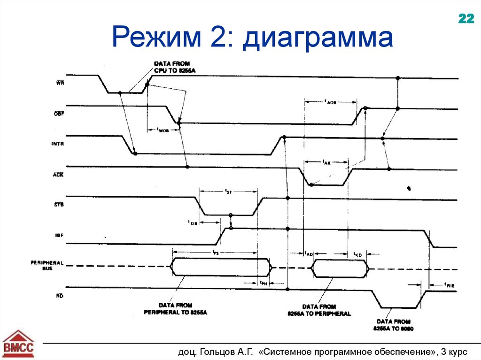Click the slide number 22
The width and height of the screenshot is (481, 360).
click(x=466, y=19)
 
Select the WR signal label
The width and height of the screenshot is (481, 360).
click(x=60, y=83)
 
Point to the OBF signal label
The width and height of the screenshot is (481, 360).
click(x=59, y=114)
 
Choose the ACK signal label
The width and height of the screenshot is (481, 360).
click(x=59, y=174)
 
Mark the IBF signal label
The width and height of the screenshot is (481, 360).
click(x=59, y=234)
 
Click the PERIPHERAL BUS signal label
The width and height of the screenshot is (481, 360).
click(x=47, y=266)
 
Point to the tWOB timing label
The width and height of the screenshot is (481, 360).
click(x=163, y=130)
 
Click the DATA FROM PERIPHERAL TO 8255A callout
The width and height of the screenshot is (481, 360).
click(x=175, y=309)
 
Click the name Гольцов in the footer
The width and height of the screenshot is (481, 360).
click(x=220, y=351)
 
